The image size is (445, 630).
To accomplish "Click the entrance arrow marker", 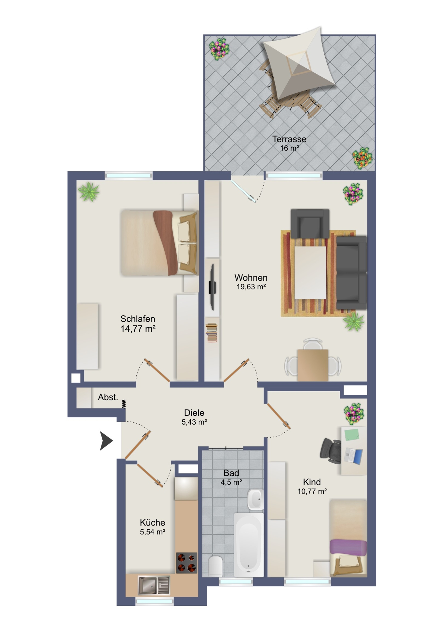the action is [106, 441].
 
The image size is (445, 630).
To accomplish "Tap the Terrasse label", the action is [289, 139].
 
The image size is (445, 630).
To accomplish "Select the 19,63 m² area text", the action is [251, 287].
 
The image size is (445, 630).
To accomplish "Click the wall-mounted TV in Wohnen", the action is [213, 287].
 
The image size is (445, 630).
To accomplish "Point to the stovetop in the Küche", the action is [186, 563].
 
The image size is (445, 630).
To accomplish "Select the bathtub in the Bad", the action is [249, 545].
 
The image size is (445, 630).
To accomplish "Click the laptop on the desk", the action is [354, 456].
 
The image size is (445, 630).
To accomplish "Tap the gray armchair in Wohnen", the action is [310, 224].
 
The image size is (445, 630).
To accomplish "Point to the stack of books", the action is [212, 333].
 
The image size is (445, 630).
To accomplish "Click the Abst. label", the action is [108, 397].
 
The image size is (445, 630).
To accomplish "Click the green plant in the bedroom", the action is [89, 192].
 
